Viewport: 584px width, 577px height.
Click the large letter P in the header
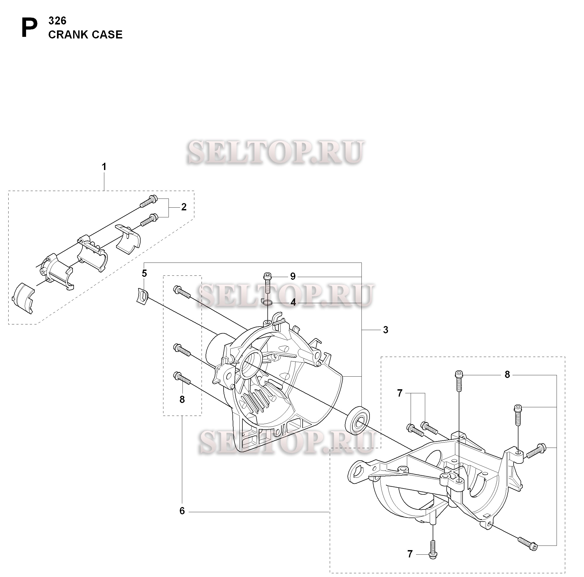[x=30, y=28]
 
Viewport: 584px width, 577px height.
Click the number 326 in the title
[x=57, y=21]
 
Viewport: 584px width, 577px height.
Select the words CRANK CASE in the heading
[x=85, y=35]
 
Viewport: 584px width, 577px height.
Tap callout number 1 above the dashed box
[x=104, y=167]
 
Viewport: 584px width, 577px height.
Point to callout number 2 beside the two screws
[x=184, y=207]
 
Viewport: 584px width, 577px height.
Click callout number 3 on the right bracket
[x=385, y=330]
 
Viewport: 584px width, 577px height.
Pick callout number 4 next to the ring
[x=293, y=302]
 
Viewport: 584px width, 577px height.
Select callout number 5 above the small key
[x=144, y=273]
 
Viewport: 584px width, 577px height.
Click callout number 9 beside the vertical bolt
[x=293, y=276]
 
